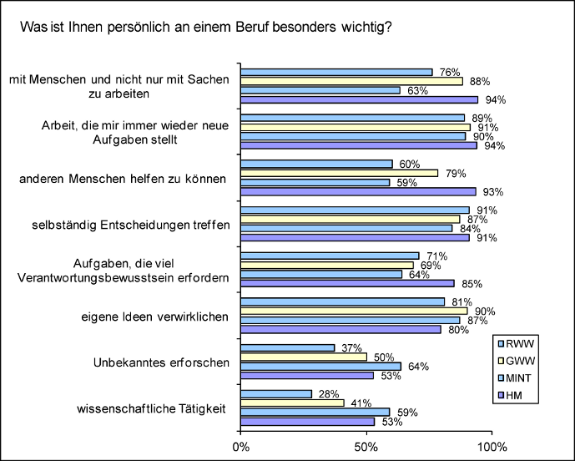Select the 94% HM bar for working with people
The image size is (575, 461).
click(359, 99)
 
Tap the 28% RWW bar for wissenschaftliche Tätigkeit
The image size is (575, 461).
click(276, 393)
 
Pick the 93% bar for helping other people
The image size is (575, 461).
click(358, 191)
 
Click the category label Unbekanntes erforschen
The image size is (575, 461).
click(159, 363)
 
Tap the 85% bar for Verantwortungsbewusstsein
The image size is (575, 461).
click(347, 283)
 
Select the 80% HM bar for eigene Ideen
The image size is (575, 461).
click(341, 329)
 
